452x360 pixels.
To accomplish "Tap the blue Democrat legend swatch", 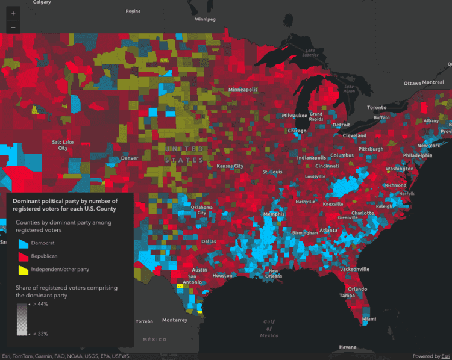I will [23, 243].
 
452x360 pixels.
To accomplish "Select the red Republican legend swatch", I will [23, 257].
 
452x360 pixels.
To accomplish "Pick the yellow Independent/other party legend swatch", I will [23, 270].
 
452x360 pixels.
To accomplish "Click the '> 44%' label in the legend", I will [39, 304].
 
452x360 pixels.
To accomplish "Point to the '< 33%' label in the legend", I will [39, 333].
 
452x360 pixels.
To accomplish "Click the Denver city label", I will [130, 158].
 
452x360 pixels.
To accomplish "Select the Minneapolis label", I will [242, 90].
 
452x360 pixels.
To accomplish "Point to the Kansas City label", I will [230, 166].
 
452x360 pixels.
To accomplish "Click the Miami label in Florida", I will [369, 318].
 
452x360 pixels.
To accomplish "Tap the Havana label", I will [347, 347].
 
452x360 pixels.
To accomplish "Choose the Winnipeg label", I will [205, 19].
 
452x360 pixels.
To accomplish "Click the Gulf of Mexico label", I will [269, 328].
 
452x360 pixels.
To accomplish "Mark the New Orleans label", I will [274, 273].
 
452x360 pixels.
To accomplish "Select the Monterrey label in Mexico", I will [175, 320].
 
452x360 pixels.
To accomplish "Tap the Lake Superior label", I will [310, 52].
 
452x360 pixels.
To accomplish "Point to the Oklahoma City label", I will [202, 209].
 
